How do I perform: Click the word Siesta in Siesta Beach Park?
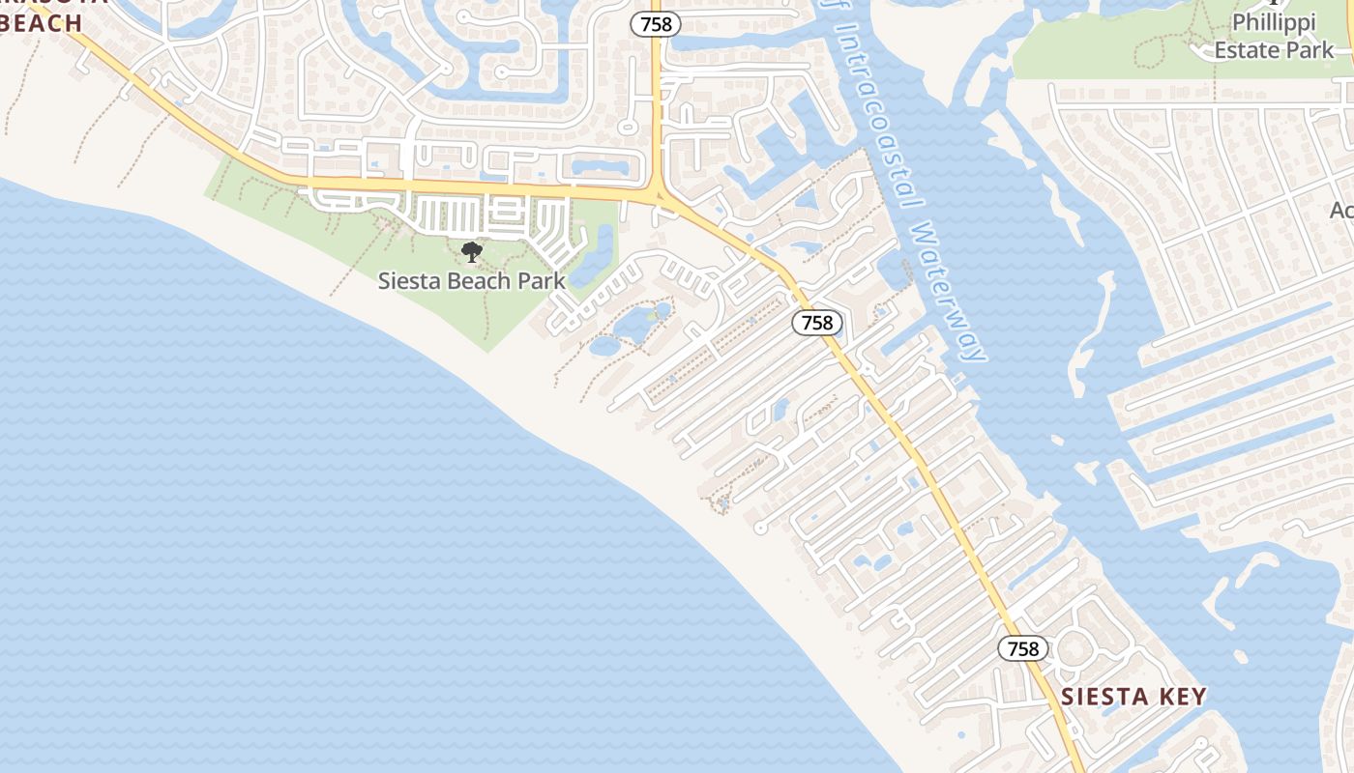click(x=408, y=281)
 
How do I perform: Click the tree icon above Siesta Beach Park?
click(x=472, y=253)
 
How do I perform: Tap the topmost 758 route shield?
click(x=656, y=24)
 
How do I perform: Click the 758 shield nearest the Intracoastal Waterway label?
click(x=817, y=323)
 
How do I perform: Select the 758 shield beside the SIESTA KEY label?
click(x=1023, y=648)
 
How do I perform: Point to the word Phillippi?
click(x=1273, y=21)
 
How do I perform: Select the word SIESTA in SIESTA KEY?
click(x=1100, y=697)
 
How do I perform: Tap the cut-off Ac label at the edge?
click(x=1341, y=210)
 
